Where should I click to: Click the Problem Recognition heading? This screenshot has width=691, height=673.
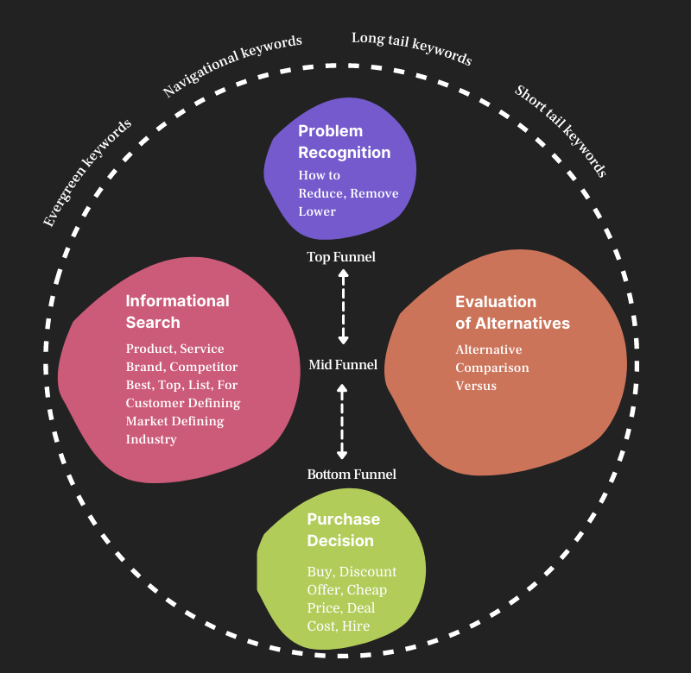[344, 142]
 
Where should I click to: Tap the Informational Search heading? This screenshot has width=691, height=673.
[177, 311]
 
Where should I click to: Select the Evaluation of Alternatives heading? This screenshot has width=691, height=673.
[512, 312]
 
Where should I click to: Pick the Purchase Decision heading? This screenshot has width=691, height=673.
[343, 530]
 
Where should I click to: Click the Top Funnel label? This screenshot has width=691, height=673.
[341, 256]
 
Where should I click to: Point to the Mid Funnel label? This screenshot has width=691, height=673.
[343, 365]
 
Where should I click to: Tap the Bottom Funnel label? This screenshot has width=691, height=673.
[352, 474]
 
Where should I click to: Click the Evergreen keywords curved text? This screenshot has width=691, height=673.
[87, 173]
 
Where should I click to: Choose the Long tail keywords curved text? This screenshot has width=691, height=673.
[412, 48]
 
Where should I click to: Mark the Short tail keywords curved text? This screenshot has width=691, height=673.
[561, 130]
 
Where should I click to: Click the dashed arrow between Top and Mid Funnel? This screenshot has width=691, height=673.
[343, 306]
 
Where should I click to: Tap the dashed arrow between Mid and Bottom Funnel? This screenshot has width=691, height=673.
[342, 421]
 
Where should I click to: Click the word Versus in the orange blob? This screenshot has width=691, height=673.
[476, 386]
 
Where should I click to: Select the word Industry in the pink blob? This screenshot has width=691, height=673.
[151, 439]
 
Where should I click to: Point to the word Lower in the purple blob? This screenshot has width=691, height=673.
[317, 211]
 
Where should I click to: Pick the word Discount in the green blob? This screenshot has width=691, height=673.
[368, 571]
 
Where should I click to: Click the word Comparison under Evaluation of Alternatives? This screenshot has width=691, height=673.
[492, 368]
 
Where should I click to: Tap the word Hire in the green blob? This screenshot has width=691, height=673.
[356, 626]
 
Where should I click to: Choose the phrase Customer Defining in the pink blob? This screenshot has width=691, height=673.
[183, 403]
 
